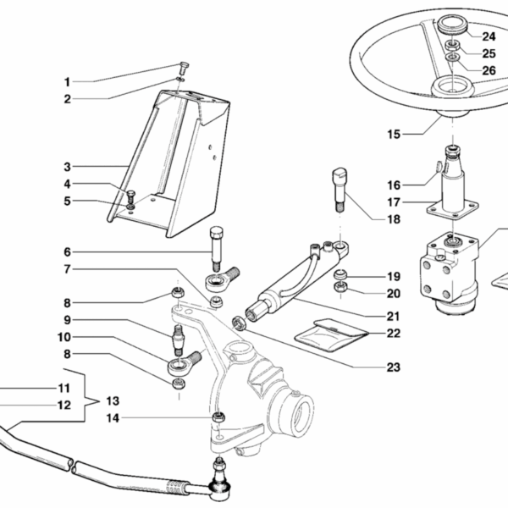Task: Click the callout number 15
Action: point(393,133)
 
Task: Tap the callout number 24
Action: point(466,36)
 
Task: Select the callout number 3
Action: point(67,167)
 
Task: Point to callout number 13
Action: point(111,400)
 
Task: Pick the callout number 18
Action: point(370,219)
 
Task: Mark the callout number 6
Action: point(67,251)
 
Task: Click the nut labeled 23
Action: point(240,323)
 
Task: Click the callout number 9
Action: point(67,320)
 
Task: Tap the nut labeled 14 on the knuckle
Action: point(218,417)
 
